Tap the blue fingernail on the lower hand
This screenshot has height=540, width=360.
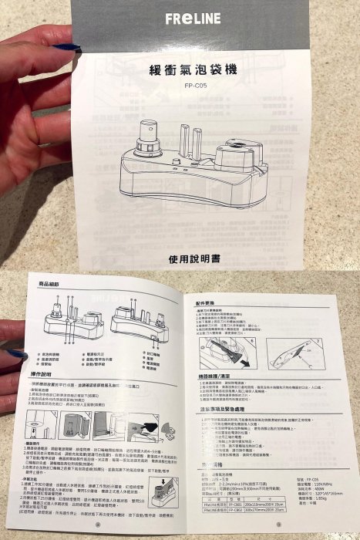point(17,353)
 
